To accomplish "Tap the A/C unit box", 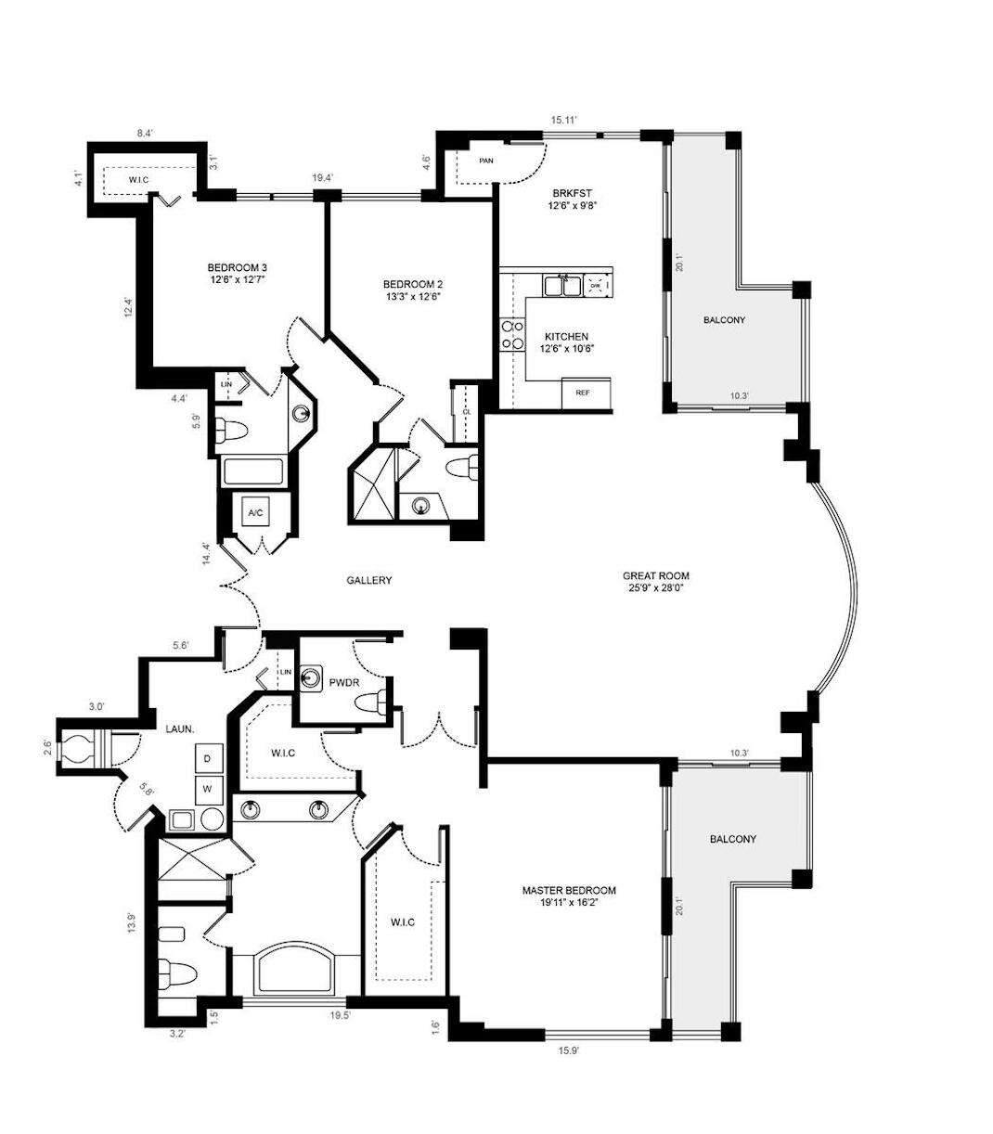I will pyautogui.click(x=255, y=512).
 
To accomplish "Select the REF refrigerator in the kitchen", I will pyautogui.click(x=584, y=393).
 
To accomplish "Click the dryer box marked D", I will pyautogui.click(x=209, y=758).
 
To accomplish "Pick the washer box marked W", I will pyautogui.click(x=209, y=790).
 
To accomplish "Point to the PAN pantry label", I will pyautogui.click(x=485, y=161).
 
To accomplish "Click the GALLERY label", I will pyautogui.click(x=369, y=580).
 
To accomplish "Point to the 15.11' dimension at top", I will pyautogui.click(x=564, y=120).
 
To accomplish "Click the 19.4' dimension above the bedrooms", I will pyautogui.click(x=324, y=178).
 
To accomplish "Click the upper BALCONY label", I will pyautogui.click(x=724, y=320).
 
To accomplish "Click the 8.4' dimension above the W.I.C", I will pyautogui.click(x=145, y=134).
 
